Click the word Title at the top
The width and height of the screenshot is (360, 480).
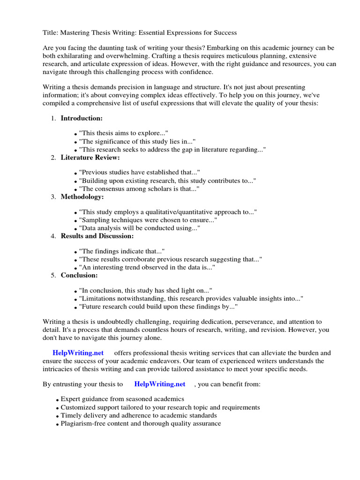coord(51,33)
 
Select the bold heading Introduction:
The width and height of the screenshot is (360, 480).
coord(82,118)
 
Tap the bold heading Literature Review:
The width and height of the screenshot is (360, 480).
coord(90,157)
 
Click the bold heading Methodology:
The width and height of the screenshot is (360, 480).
coord(82,197)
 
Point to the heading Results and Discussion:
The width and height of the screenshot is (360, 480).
coord(97,236)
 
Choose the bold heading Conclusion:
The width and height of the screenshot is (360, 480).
coord(79,275)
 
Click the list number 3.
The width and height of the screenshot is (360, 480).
coord(53,197)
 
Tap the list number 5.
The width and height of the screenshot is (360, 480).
coord(53,276)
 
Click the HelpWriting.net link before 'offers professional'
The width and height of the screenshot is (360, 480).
coord(78,352)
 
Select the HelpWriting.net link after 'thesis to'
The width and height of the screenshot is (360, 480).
coord(160,384)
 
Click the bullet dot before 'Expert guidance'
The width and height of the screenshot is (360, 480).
coord(57,400)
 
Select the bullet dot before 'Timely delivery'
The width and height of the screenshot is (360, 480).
coord(57,416)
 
